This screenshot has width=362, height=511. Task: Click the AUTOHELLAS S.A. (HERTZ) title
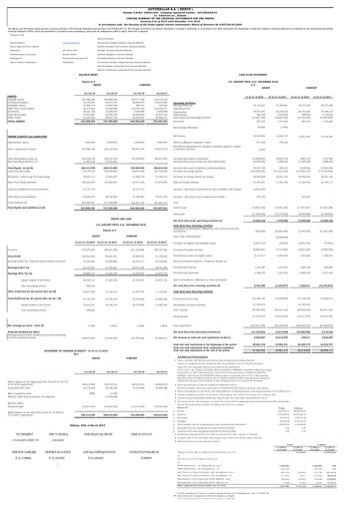[180, 4]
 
